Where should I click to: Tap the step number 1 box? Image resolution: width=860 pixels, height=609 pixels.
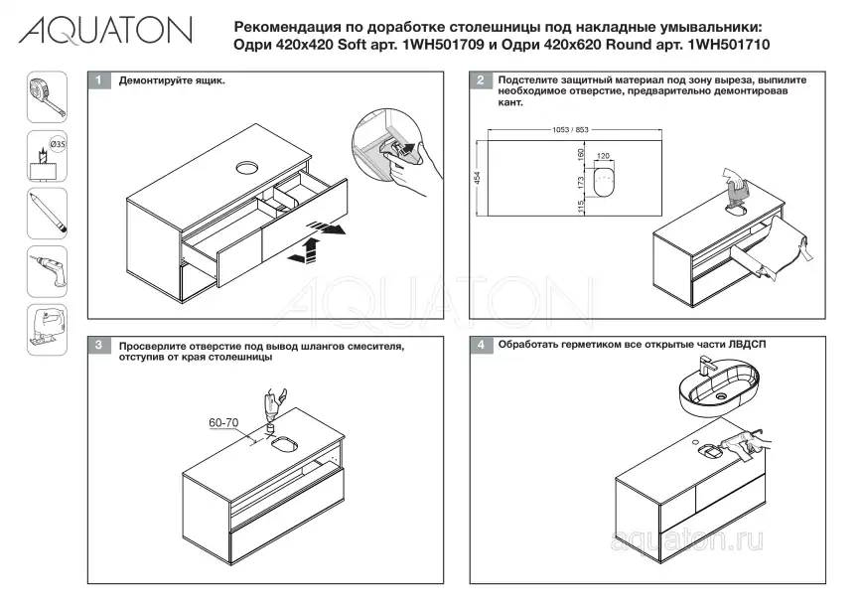(98, 79)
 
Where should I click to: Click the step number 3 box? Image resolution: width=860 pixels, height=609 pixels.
(98, 346)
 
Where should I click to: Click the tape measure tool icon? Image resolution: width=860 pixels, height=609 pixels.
(46, 99)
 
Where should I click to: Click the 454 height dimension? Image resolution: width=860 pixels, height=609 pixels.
(478, 178)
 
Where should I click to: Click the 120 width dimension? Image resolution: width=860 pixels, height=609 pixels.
(603, 156)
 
